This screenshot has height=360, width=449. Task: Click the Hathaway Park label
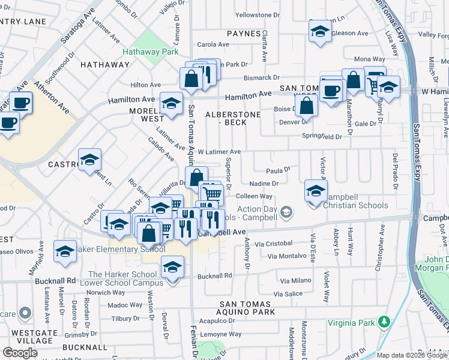[x=150, y=52]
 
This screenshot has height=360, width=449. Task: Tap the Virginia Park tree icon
[x=384, y=323]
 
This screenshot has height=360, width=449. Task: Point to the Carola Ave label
[x=214, y=44]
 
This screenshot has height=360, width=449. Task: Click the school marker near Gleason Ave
[x=320, y=32]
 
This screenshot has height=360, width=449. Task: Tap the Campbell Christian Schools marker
[x=315, y=192]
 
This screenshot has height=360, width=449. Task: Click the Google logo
[x=20, y=353]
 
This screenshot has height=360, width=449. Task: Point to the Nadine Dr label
[x=264, y=184]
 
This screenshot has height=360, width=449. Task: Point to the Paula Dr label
[x=278, y=170]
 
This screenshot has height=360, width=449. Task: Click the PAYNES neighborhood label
[x=244, y=34]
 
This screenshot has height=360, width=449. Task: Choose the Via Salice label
[x=288, y=294]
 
